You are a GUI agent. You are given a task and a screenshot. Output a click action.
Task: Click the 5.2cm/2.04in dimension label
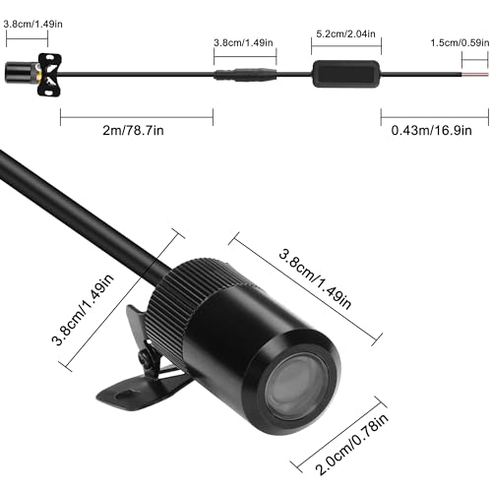[x=345, y=33]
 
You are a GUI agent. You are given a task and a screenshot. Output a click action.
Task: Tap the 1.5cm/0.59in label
[x=460, y=42]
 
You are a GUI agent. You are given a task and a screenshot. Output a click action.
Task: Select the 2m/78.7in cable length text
[x=133, y=131]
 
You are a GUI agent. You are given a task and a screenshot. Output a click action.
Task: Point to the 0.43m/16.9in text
[x=432, y=131]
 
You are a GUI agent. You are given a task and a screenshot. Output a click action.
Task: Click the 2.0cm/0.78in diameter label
[x=351, y=444]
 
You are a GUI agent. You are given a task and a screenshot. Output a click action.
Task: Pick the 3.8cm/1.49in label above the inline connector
[x=243, y=42]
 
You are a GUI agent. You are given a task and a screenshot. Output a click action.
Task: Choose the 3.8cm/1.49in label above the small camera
[x=32, y=24]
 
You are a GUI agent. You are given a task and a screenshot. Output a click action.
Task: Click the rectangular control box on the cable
[x=346, y=74]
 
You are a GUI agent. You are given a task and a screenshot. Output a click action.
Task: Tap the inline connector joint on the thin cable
[x=245, y=75]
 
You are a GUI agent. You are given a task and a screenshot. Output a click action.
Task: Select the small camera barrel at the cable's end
[x=21, y=72]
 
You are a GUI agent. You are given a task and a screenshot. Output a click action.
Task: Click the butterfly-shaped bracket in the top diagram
[x=49, y=75]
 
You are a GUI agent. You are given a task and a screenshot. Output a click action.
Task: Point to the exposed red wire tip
[x=475, y=75]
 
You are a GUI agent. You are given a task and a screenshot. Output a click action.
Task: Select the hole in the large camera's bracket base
[x=124, y=394]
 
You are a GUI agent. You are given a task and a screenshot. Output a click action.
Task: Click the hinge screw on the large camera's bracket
[x=144, y=357]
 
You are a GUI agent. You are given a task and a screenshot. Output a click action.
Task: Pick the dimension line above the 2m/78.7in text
[x=137, y=117]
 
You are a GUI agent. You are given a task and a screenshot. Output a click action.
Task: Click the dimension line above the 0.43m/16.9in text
[x=435, y=117]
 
